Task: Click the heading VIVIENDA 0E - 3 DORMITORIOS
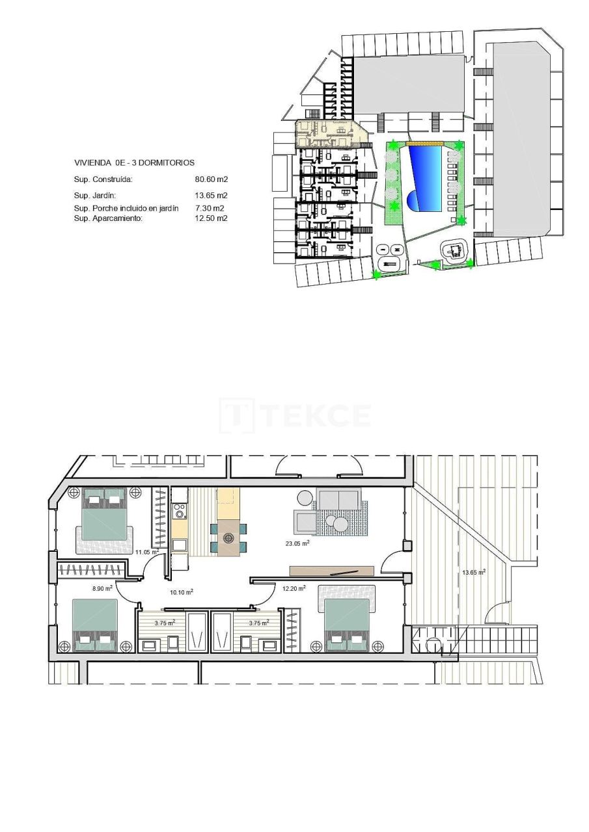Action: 134,163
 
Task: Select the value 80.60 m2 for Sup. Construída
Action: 211,179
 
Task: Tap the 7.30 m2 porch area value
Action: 210,209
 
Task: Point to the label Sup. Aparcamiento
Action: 107,218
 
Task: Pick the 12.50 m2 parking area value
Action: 211,218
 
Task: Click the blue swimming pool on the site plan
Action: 424,177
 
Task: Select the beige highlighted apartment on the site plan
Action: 329,133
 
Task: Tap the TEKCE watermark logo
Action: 296,415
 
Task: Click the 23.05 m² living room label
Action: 296,543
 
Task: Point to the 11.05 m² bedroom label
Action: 147,551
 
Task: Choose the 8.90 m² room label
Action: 102,588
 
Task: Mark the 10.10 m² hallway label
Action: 181,591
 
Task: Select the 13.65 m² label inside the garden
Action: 473,572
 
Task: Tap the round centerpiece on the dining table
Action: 228,538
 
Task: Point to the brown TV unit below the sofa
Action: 331,571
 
